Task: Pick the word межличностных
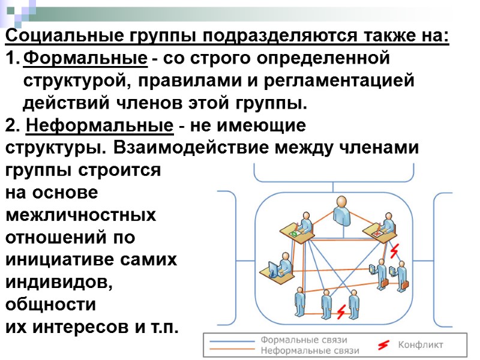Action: [x=80, y=215]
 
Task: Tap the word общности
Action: [x=50, y=304]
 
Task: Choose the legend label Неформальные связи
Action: [x=310, y=350]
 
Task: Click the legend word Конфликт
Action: [x=421, y=345]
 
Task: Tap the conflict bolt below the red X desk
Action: [x=394, y=251]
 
